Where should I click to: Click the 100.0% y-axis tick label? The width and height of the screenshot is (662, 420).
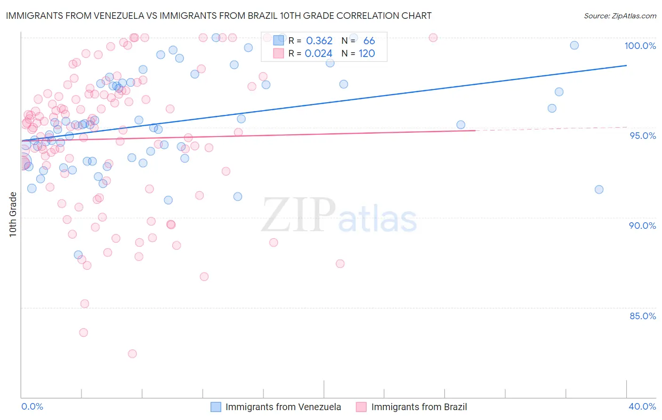coord(640,46)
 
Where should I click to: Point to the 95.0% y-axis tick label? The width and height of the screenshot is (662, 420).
coord(643,136)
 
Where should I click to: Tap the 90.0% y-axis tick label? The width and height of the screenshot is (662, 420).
coord(642,226)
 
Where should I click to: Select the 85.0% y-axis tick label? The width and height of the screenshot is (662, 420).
coord(643,316)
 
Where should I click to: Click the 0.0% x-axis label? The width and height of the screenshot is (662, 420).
coord(32,406)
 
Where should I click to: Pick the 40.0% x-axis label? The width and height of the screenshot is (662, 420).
coord(642,406)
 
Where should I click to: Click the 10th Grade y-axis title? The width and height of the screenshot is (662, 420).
coord(13,214)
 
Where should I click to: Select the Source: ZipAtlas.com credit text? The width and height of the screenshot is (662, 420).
coord(620,16)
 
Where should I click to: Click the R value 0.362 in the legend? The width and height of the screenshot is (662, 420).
coord(319,41)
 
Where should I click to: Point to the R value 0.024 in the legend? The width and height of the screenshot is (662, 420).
coord(319,54)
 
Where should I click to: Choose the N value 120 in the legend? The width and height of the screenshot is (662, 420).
coord(367,54)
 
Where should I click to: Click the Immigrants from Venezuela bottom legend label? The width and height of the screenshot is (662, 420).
coord(283,407)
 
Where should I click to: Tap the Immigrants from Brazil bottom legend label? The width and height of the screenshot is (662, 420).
coord(419,407)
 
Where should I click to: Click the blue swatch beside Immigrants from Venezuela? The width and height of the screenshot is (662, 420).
coord(216,407)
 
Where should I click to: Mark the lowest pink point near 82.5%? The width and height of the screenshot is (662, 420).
coord(132,354)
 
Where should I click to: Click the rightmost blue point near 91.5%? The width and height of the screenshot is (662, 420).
coord(599,190)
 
